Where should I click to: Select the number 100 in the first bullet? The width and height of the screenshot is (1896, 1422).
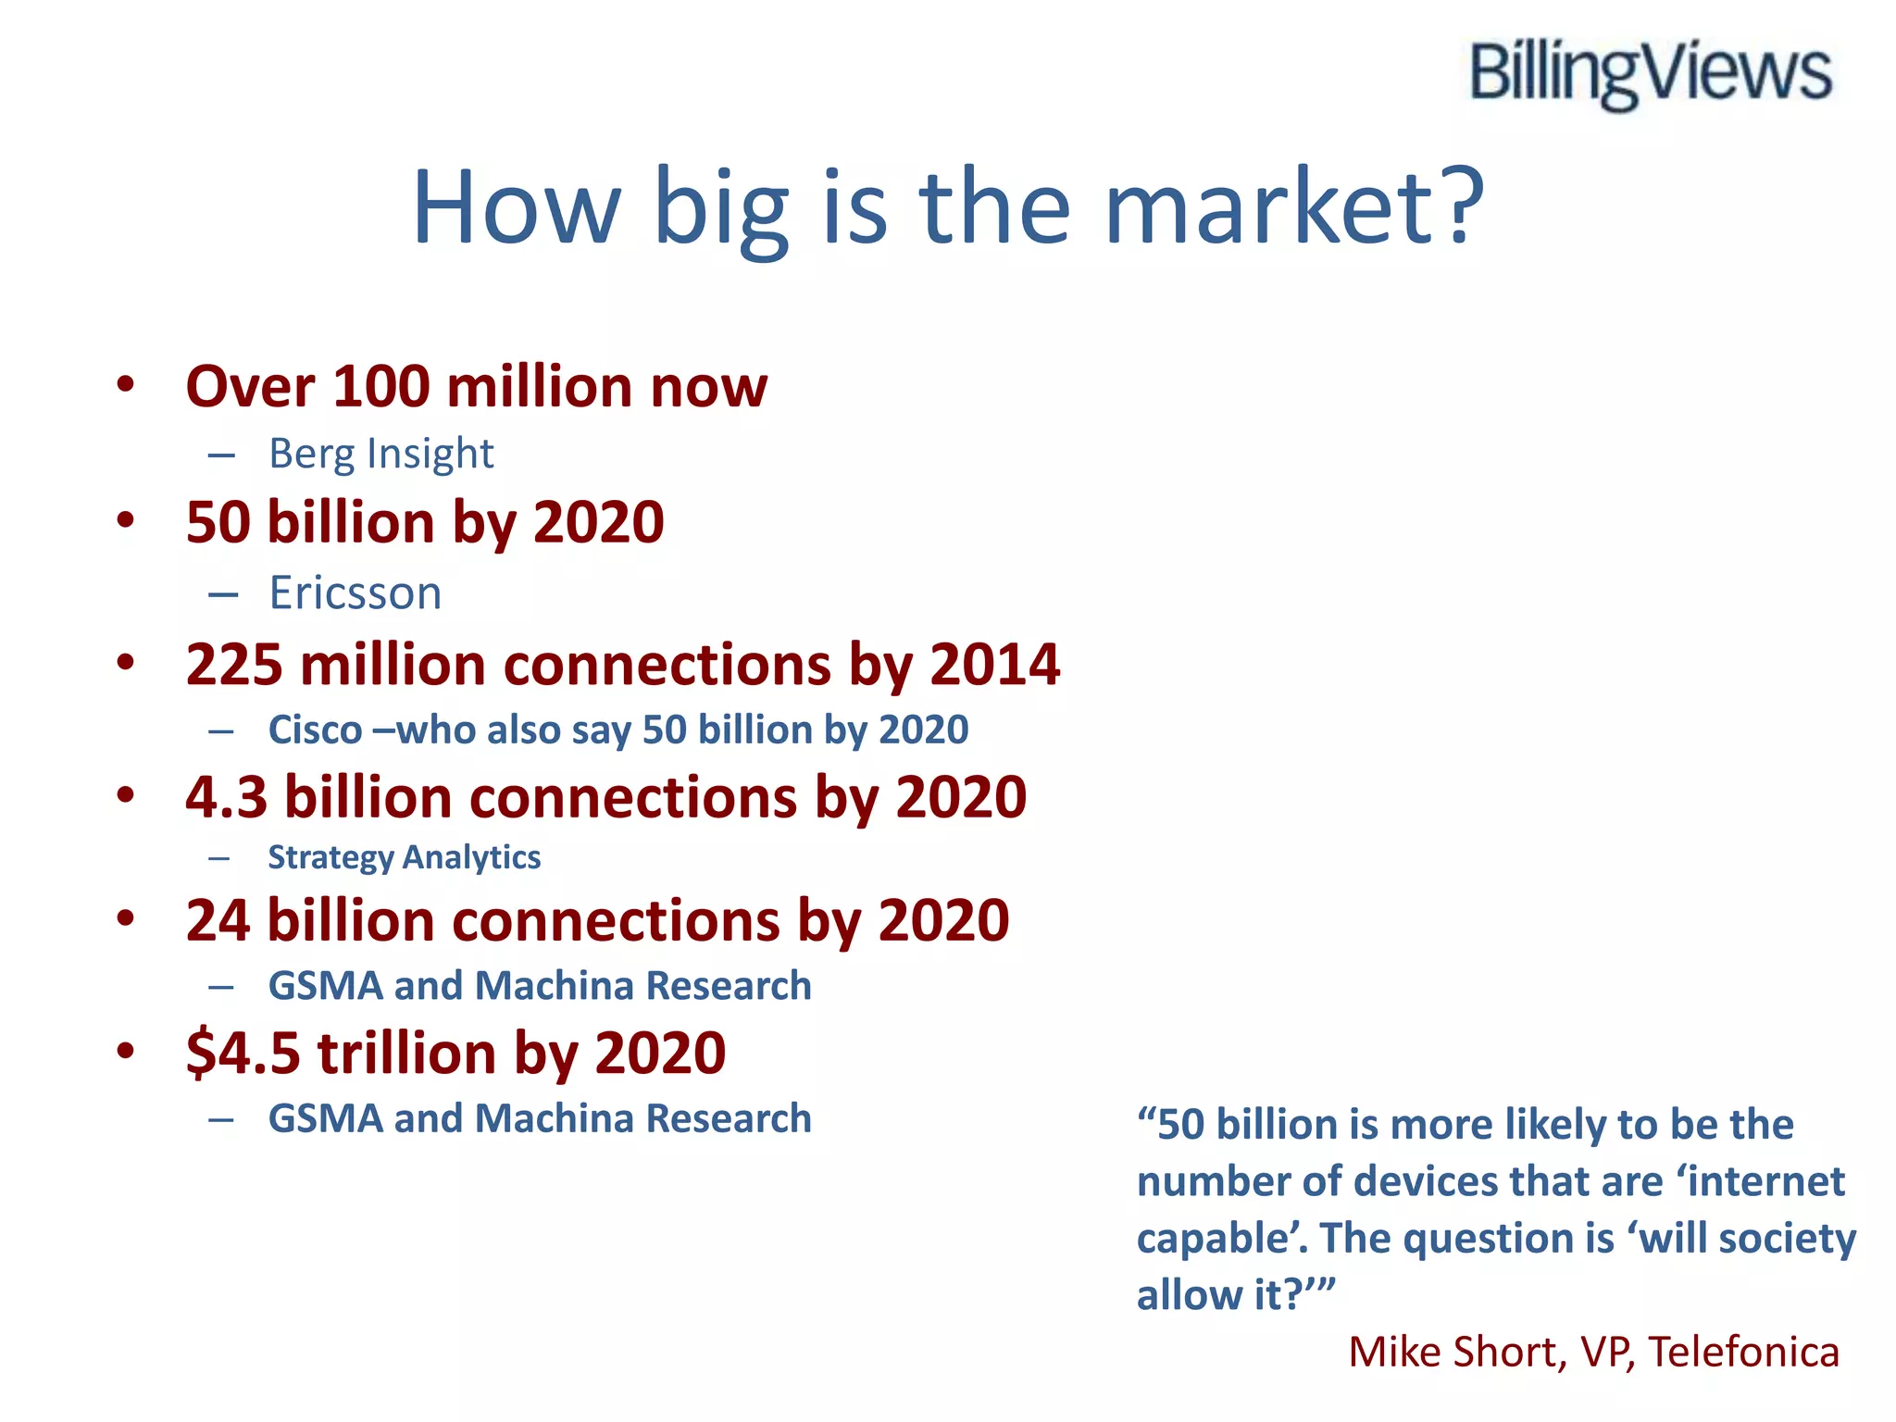click(380, 386)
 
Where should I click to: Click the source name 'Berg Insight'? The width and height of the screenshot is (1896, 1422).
click(380, 454)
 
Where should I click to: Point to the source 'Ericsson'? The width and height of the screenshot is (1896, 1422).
click(355, 592)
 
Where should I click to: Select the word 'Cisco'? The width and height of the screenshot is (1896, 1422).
click(315, 730)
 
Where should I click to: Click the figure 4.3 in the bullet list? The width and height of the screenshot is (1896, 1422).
click(226, 797)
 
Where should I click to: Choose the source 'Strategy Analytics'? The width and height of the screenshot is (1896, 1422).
click(404, 857)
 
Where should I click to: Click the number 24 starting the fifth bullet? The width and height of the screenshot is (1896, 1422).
click(218, 920)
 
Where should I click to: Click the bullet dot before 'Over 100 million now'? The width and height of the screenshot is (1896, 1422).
click(126, 384)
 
